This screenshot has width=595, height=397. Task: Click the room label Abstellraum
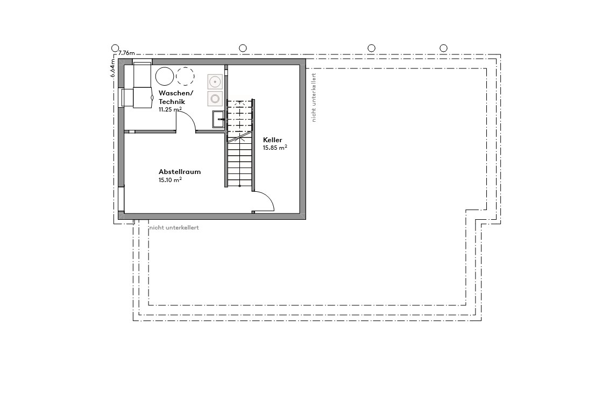[179, 172]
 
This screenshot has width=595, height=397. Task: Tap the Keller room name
[272, 140]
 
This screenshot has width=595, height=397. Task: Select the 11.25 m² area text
[169, 109]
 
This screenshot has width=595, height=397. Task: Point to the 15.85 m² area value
[274, 148]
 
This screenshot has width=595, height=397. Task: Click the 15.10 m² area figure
[169, 180]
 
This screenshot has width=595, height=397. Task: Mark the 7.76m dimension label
[126, 53]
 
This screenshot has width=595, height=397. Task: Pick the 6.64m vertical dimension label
[113, 68]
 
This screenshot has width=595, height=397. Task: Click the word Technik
[172, 101]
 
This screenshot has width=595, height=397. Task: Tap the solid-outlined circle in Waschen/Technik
[164, 76]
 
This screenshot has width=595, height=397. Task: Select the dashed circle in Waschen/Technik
[185, 76]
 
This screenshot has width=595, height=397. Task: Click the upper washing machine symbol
[215, 82]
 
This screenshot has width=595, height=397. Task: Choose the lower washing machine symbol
[215, 99]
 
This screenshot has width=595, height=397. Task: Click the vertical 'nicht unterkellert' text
[314, 97]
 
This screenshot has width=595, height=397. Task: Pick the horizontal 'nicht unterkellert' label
[174, 228]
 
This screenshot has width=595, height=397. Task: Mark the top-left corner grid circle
[115, 48]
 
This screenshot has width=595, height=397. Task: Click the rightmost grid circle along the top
[443, 48]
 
